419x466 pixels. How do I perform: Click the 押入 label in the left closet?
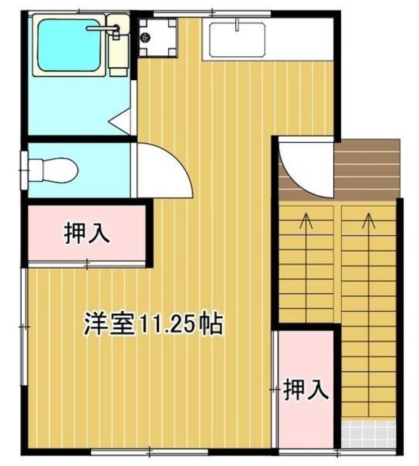87,234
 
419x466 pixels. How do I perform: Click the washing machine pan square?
157,37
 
